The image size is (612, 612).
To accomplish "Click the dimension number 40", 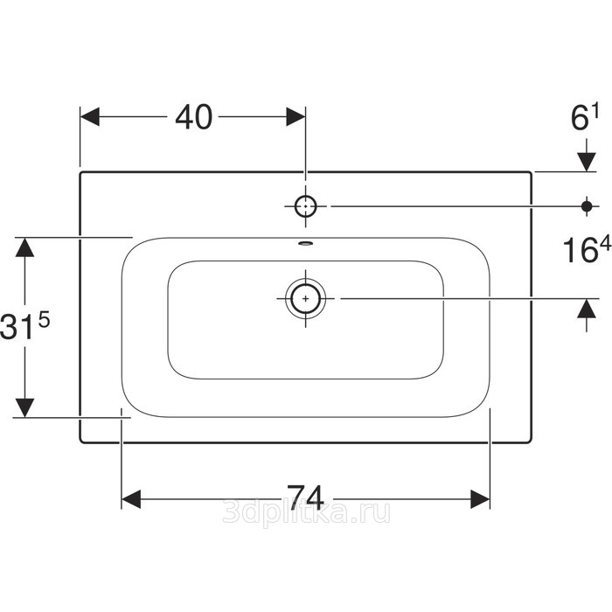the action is (193, 116).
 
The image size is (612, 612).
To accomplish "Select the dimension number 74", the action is (305, 497).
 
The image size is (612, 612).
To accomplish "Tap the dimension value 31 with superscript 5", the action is (25, 325).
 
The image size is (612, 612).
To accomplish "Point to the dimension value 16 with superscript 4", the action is (587, 250).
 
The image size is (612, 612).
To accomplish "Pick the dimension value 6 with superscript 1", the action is (584, 117).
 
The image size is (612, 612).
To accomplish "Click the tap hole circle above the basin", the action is (305, 206).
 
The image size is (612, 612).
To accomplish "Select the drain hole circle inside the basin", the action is (306, 299).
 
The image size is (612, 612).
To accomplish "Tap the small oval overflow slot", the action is (306, 244).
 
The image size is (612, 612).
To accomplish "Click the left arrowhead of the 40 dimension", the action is (90, 116).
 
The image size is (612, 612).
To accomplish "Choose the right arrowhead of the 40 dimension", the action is (296, 116).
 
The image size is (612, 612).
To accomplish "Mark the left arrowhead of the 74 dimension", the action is (131, 499).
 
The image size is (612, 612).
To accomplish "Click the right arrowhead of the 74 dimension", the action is (480, 499).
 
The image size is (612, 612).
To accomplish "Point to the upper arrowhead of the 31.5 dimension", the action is (24, 247).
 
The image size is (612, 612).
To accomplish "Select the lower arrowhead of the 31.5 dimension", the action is (24, 408).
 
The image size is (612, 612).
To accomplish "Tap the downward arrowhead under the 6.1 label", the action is (587, 162).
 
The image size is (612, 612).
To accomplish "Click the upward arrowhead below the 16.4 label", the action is (587, 309).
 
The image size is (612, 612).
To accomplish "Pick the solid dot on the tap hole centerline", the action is (587, 206).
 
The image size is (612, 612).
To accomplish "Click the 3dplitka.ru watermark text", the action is (306, 511).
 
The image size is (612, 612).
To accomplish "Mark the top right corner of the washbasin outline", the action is (531, 172).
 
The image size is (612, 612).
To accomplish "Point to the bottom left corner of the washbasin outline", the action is (80, 442).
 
